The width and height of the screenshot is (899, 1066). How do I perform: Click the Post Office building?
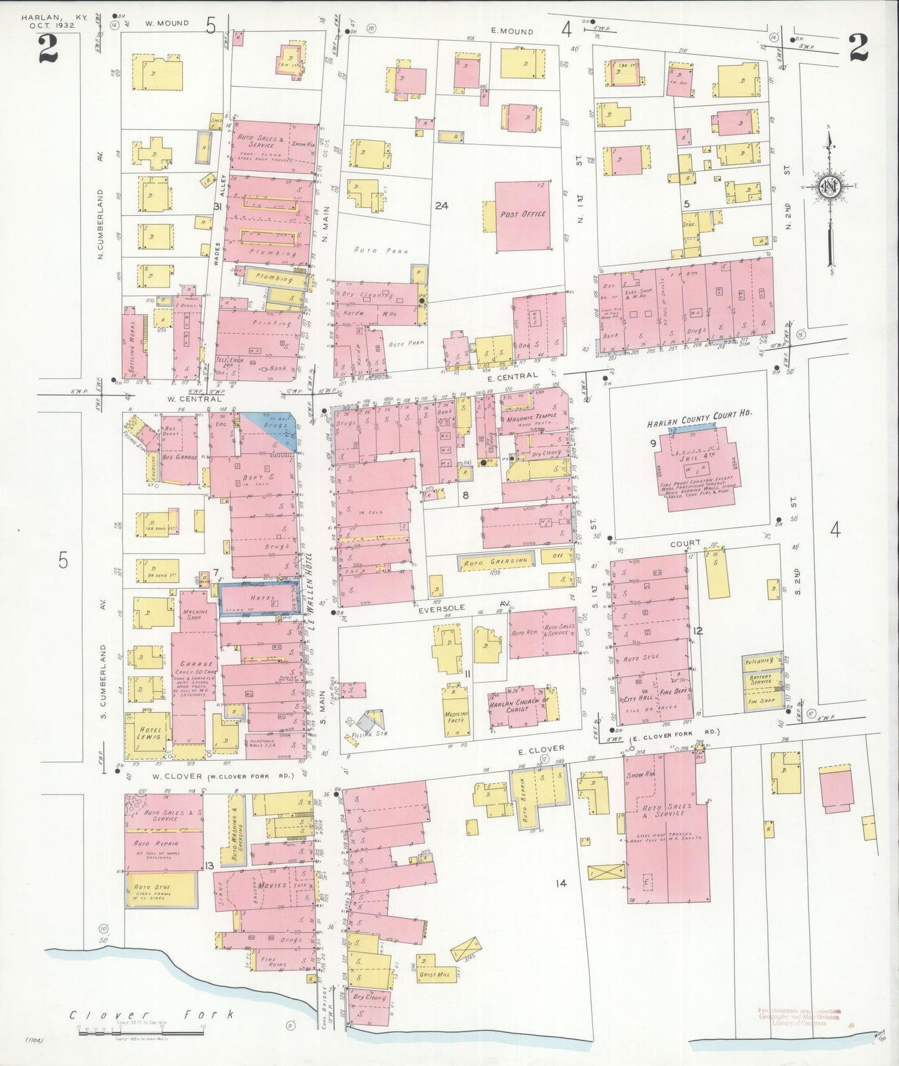(523, 216)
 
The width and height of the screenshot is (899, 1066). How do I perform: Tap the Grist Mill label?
(434, 974)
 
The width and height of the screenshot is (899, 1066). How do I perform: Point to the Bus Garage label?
(179, 457)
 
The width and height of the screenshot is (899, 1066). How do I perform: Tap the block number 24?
(441, 205)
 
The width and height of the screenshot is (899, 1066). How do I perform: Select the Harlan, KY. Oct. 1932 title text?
(48, 22)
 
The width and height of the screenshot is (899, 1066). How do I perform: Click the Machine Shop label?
(195, 614)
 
